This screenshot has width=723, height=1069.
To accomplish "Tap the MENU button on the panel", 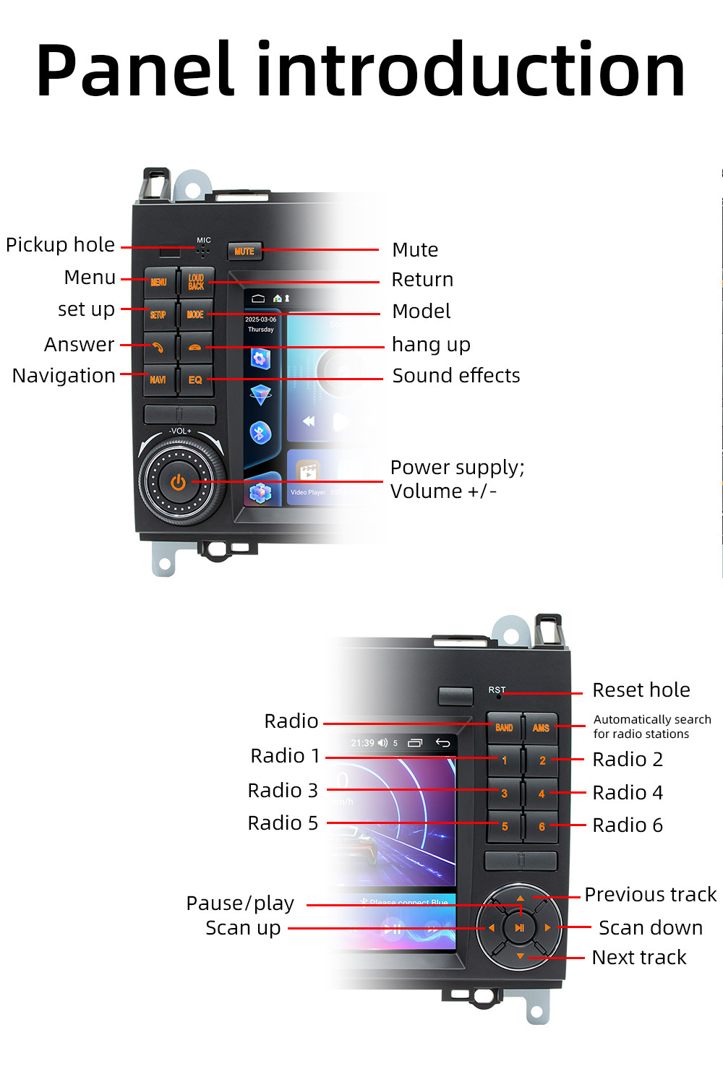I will pos(159,282).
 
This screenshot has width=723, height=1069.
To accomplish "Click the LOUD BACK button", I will pos(196,282).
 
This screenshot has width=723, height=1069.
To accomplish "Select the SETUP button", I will pos(158,314).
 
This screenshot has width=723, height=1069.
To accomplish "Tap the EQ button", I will pos(195,379).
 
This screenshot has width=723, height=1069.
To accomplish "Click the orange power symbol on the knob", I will pos(178,482).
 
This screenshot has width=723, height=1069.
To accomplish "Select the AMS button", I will pos(541,728).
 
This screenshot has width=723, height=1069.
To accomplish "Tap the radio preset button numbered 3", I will pos(504,794).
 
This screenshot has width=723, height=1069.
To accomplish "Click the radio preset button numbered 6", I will pos(542,826).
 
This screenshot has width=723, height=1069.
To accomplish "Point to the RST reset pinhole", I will pos(499,696).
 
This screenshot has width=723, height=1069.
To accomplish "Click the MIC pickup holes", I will pos(203,251).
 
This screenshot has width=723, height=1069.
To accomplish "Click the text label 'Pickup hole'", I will pos(60,245).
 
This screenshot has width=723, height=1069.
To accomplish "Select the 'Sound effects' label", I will pos(456,376).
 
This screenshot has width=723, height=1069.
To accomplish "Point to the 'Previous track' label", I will pos(650,895).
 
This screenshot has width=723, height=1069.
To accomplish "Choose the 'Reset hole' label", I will pos(641,690).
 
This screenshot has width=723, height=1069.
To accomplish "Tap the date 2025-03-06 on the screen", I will pos(260,319).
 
